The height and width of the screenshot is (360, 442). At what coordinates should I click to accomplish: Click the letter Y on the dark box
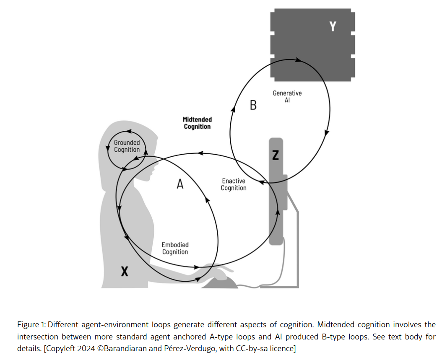tap(333, 26)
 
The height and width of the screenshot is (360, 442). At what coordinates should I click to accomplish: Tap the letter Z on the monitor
tap(275, 155)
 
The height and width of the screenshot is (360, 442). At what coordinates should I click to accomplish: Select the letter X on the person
tap(125, 272)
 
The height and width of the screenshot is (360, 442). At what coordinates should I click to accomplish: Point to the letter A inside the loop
tap(180, 184)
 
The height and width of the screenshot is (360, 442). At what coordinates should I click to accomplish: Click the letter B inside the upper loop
tap(253, 105)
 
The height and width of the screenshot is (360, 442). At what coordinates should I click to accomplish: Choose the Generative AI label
tap(287, 97)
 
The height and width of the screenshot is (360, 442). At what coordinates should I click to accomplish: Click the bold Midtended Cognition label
tap(197, 123)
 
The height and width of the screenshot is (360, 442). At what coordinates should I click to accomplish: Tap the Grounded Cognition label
tap(127, 146)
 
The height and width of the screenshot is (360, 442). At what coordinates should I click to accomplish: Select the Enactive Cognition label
tap(234, 184)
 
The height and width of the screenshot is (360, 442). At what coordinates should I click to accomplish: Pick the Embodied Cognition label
tap(175, 248)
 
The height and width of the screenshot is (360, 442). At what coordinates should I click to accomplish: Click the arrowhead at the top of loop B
tap(298, 60)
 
